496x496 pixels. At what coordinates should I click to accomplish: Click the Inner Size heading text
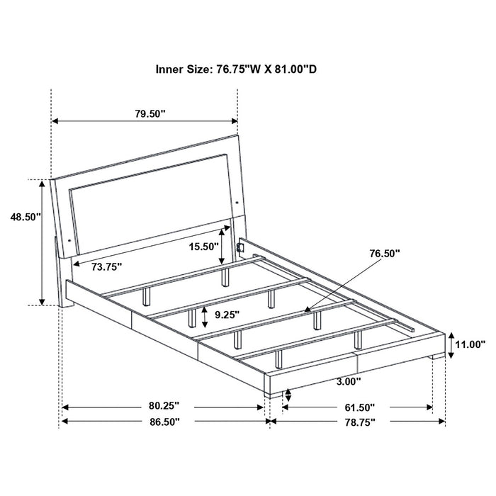coord(240,69)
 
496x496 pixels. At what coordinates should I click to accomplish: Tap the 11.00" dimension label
coord(470,344)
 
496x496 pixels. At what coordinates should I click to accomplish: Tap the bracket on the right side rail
coord(241,248)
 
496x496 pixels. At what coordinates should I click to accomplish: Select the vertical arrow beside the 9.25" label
coord(205,313)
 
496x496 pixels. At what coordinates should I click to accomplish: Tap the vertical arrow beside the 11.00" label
coord(449,344)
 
